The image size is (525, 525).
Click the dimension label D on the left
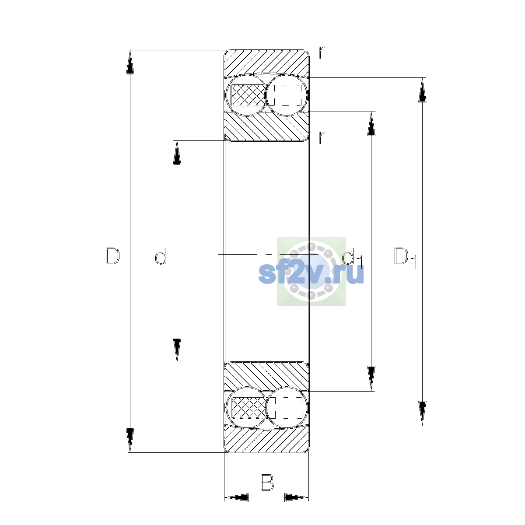click(x=112, y=256)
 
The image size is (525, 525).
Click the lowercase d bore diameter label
click(x=161, y=256)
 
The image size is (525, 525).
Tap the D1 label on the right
click(x=405, y=258)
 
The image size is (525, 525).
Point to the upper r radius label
click(x=322, y=52)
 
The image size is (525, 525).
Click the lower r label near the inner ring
click(x=322, y=137)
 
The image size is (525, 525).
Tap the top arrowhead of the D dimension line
click(x=130, y=62)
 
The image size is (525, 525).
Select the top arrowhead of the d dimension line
click(x=177, y=153)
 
